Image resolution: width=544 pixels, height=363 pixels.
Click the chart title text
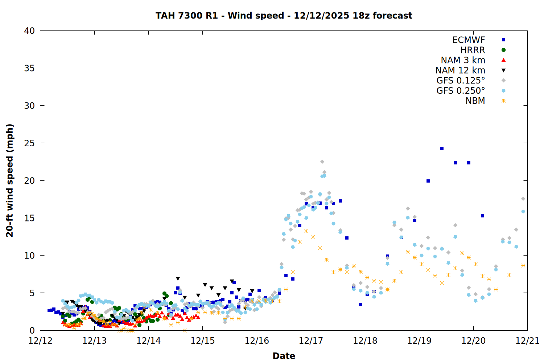coord(284,16)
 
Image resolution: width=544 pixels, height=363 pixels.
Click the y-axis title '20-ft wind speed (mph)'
coord(10,180)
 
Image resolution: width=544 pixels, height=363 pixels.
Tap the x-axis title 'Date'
coord(284,356)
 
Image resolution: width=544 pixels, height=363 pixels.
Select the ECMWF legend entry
coord(469,40)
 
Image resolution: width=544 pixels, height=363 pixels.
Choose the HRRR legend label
coord(473,50)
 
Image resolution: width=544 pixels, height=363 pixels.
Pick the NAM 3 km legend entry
coord(463,60)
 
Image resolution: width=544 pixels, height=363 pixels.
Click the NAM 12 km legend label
coord(460,70)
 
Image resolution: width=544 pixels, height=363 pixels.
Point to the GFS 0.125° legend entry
coord(461,81)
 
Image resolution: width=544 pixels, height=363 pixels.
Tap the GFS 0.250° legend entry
coord(461,91)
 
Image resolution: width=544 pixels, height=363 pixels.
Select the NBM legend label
coord(475,101)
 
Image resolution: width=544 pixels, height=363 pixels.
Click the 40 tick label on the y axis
coord(29,31)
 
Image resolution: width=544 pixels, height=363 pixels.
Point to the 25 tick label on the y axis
coord(29,143)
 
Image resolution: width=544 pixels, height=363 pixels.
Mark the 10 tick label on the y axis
coord(29,256)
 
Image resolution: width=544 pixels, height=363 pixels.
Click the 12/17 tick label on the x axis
coord(311,340)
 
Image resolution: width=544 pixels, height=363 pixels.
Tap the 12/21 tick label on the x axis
coord(527,340)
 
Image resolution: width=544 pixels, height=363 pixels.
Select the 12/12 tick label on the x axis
coord(40,340)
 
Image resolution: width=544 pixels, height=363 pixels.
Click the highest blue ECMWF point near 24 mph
coord(442,148)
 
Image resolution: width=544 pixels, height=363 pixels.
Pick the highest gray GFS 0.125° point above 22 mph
coord(322,162)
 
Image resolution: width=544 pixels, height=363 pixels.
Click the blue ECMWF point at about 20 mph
coord(428,181)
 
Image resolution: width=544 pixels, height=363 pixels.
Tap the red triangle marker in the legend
coord(503,60)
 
